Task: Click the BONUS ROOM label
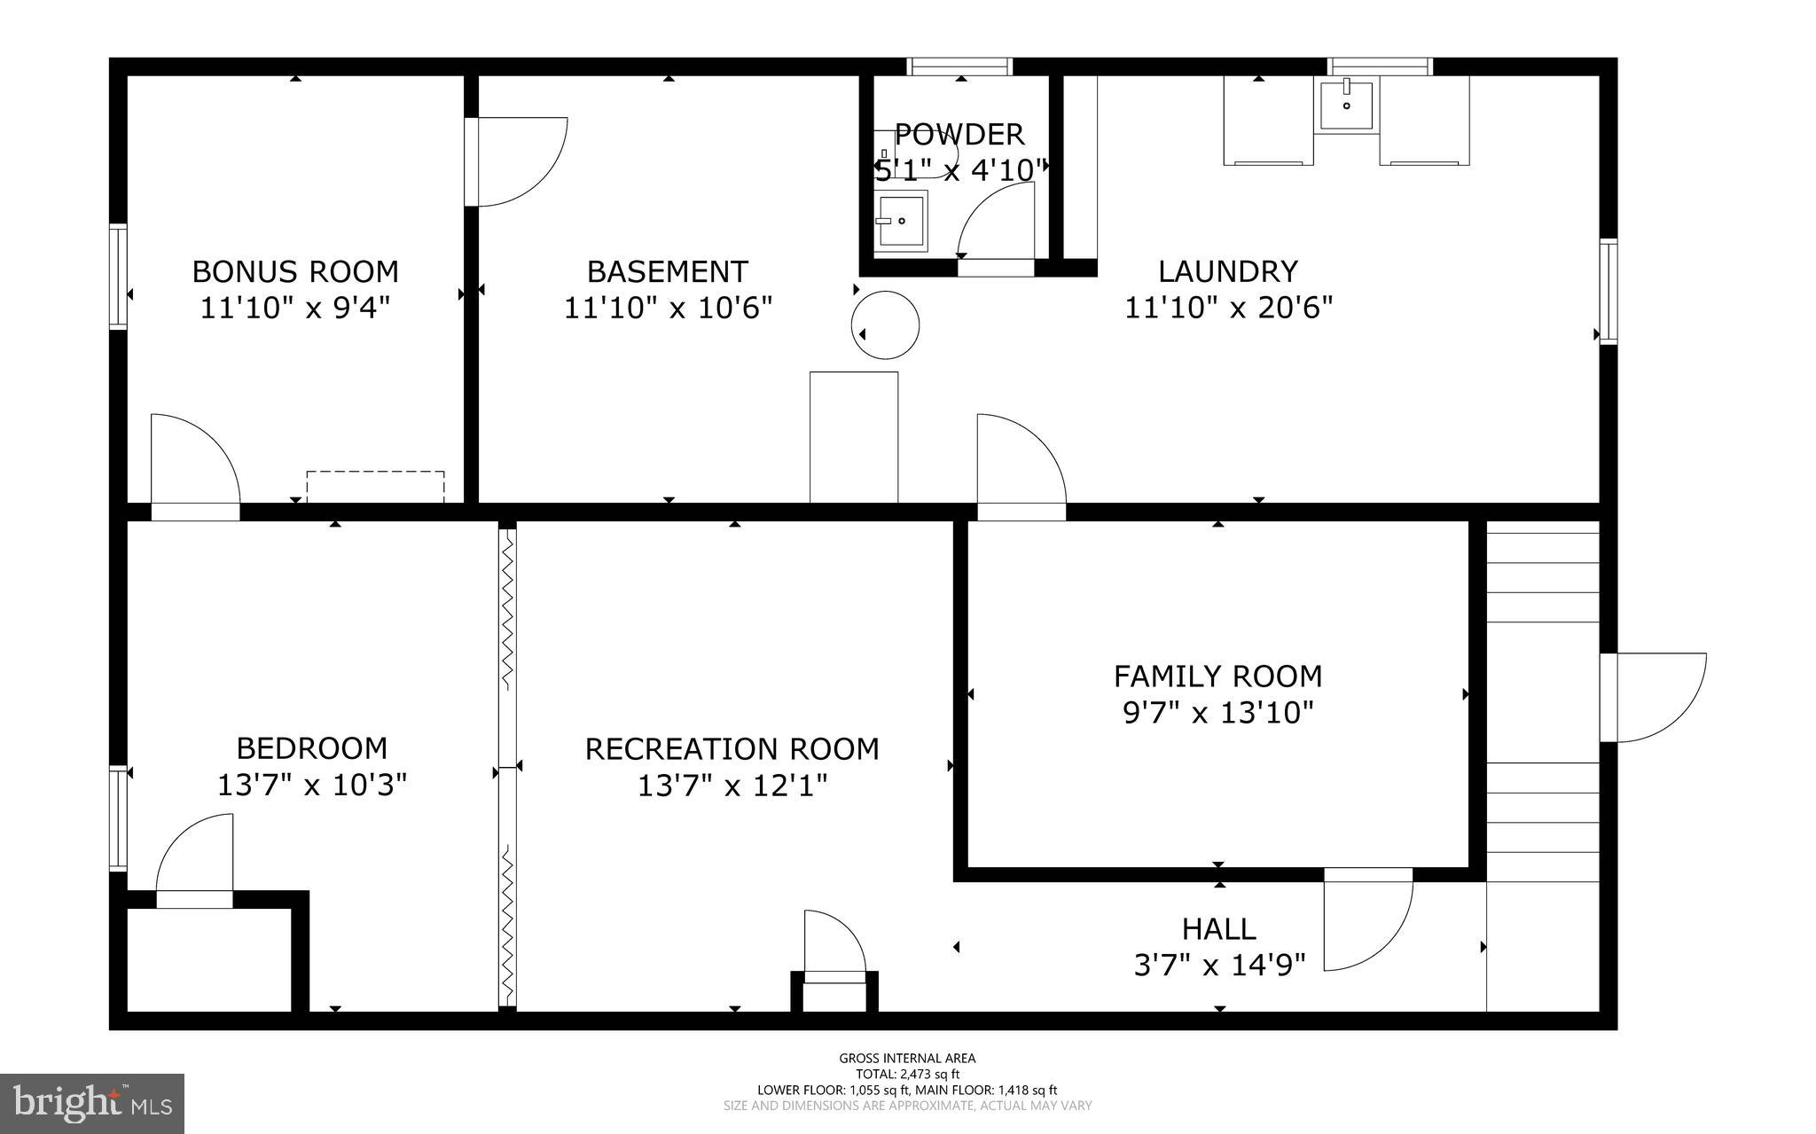(x=294, y=270)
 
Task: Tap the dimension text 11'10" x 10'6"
(x=668, y=308)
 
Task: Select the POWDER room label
(x=959, y=135)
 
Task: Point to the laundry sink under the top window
(x=1346, y=106)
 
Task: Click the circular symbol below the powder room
(x=885, y=325)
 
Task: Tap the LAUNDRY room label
(x=1228, y=270)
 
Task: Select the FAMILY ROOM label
(x=1217, y=676)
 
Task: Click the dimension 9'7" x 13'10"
(x=1217, y=712)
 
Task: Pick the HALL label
(x=1218, y=928)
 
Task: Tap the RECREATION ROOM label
(x=732, y=749)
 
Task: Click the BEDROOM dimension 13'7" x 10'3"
(x=311, y=785)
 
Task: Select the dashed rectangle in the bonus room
(x=375, y=486)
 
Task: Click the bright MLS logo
(x=92, y=1103)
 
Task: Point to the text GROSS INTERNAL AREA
(x=907, y=1058)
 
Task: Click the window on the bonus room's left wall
(x=118, y=278)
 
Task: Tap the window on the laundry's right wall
(x=1608, y=291)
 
